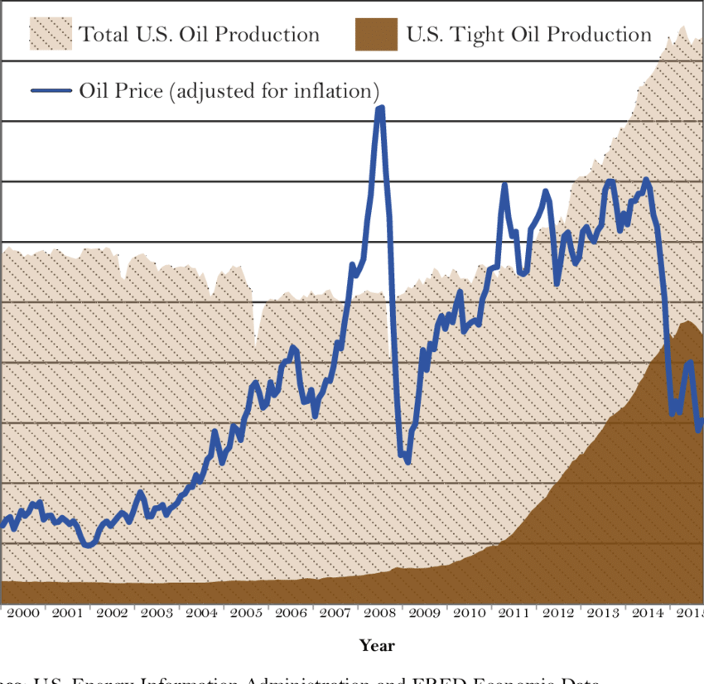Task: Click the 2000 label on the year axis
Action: tap(22, 614)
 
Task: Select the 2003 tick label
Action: tap(157, 614)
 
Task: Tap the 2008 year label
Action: tap(379, 614)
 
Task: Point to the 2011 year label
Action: tap(514, 614)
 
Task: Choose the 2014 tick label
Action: tap(648, 614)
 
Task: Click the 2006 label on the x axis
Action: tap(291, 614)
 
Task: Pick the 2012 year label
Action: tap(558, 614)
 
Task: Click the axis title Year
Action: tap(377, 645)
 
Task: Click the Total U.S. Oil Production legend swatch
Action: tap(50, 35)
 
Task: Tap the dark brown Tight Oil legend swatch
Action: tap(376, 35)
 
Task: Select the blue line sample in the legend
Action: tap(51, 89)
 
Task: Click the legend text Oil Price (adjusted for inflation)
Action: tap(229, 89)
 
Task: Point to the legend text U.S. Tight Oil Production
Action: tap(529, 35)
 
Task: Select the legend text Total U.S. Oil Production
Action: tap(200, 35)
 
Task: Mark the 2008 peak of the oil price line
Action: tap(380, 108)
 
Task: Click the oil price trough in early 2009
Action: tap(407, 460)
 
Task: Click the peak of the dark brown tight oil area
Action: tap(686, 322)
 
